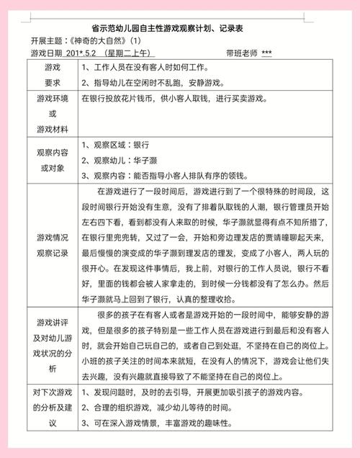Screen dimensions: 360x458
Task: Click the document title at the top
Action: coord(179,27)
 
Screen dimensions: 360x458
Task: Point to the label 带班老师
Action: coord(244,53)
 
